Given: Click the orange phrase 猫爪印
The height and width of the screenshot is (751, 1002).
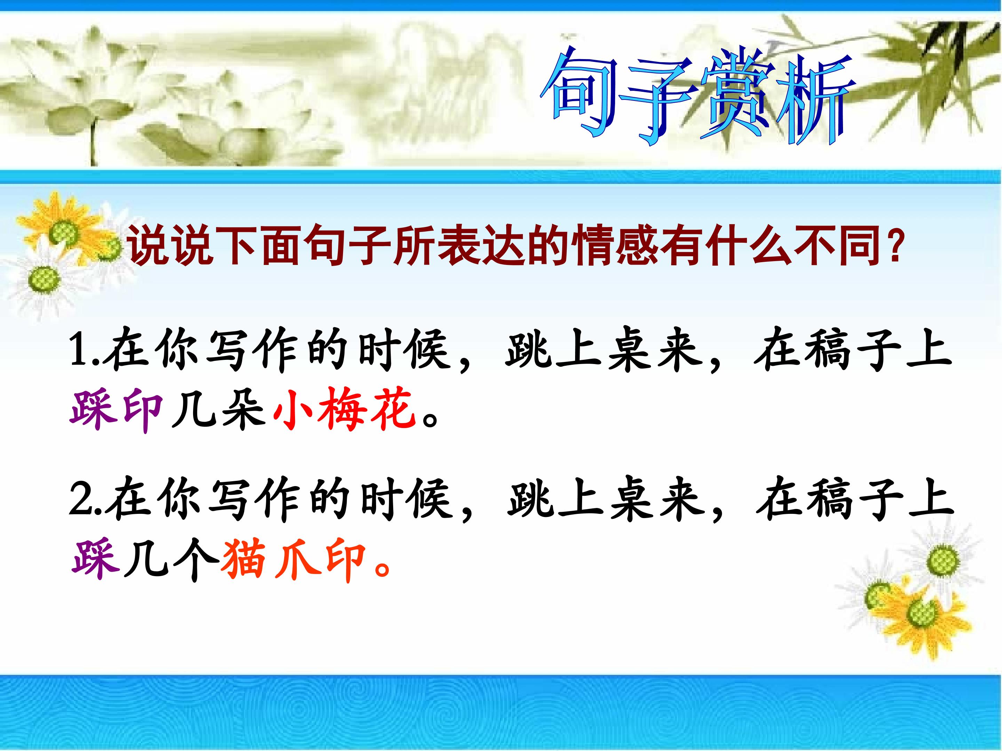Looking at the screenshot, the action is pos(293,561).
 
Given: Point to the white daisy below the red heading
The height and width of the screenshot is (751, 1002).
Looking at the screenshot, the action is pos(43,281).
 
